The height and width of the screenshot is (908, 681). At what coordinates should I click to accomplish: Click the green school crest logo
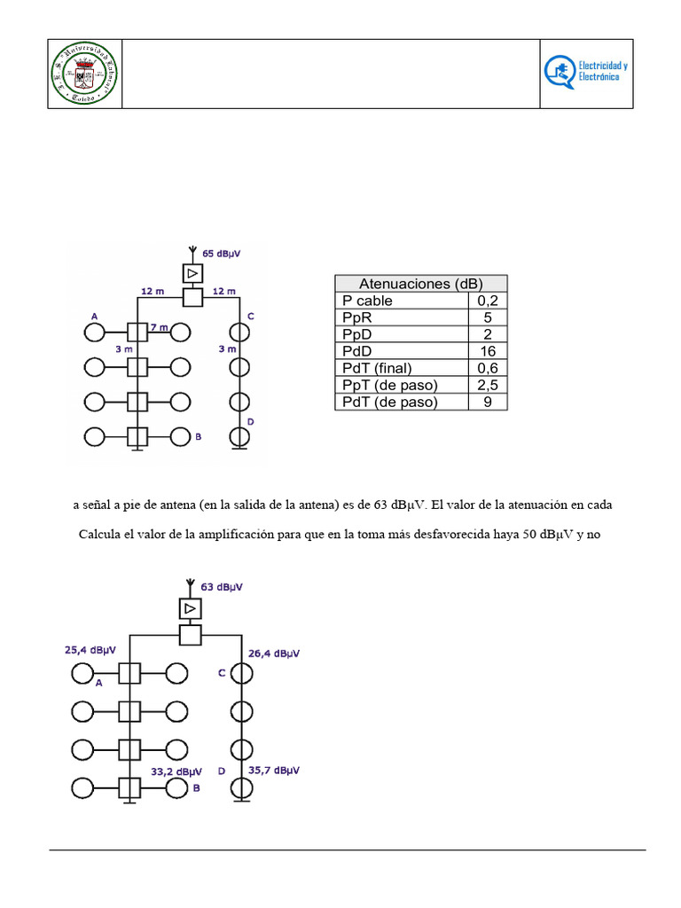84,74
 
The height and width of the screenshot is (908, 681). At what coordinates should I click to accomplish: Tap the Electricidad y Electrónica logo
587,74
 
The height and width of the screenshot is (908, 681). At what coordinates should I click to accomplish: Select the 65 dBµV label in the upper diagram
220,254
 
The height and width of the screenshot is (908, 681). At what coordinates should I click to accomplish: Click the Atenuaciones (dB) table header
420,284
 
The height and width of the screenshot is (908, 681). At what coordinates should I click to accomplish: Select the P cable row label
367,301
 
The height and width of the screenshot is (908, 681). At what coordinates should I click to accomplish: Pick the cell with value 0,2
488,301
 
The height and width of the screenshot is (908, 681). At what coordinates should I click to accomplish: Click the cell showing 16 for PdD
488,351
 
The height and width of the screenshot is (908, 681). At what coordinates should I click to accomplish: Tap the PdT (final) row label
378,368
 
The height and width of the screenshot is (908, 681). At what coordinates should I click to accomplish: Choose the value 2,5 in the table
488,385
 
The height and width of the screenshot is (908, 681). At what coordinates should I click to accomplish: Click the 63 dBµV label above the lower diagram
222,587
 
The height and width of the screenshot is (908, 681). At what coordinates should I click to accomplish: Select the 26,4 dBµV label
273,654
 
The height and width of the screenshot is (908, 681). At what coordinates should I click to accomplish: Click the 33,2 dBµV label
176,771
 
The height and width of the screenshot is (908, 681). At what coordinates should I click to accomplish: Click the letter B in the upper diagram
199,437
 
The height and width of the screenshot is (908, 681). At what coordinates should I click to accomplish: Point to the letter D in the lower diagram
221,771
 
